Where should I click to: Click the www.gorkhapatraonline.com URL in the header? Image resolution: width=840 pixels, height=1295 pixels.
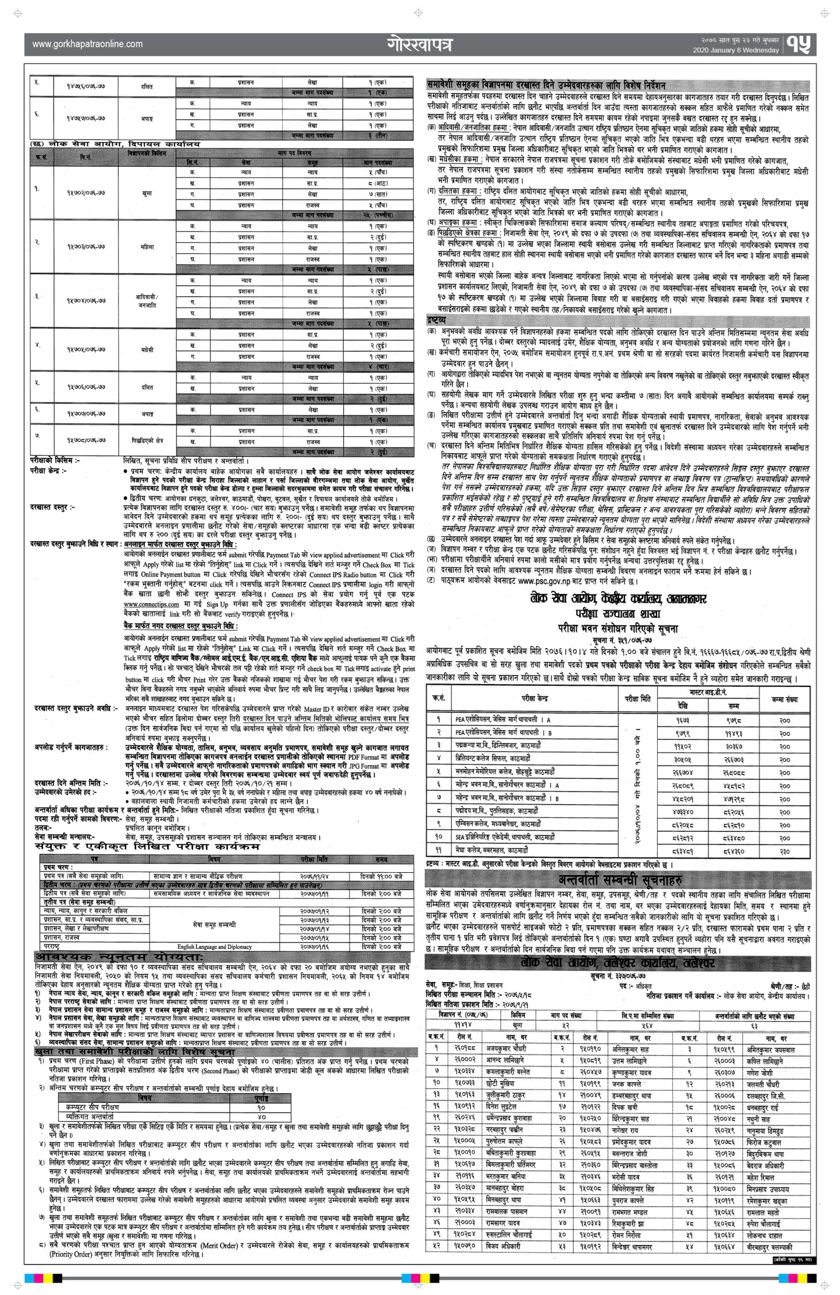pyautogui.click(x=87, y=43)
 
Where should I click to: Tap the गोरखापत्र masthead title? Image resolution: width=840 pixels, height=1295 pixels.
pyautogui.click(x=420, y=44)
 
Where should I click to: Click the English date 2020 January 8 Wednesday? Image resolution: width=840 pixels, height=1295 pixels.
pyautogui.click(x=735, y=50)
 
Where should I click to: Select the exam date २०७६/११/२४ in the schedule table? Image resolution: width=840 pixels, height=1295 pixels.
pyautogui.click(x=314, y=876)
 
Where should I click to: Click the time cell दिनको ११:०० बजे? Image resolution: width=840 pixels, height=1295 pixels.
pyautogui.click(x=381, y=876)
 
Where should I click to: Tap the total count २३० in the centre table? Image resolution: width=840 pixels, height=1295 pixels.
pyautogui.click(x=784, y=849)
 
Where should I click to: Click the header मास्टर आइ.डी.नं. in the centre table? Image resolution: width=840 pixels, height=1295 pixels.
pyautogui.click(x=708, y=692)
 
